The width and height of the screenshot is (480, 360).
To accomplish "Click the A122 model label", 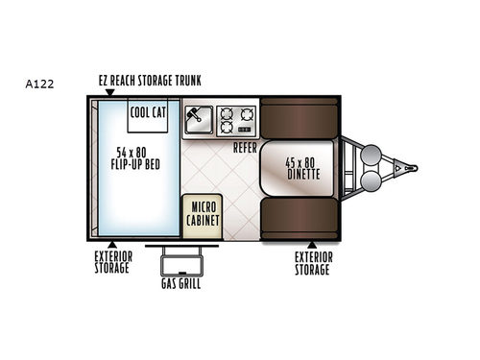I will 40,84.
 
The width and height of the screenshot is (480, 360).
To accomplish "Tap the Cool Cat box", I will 150,113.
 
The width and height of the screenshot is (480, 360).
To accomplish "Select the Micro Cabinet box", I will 202,212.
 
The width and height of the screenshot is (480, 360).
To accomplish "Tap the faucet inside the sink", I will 193,116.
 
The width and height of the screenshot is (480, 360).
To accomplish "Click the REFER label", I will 246,148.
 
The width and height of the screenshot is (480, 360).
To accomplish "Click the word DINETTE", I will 302,175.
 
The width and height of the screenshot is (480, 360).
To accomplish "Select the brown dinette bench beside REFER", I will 298,118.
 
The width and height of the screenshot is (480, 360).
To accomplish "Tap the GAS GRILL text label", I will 180,285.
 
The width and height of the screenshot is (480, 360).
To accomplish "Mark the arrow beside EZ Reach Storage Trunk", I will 109,92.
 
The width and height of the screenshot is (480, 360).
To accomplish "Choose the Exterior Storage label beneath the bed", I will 112,263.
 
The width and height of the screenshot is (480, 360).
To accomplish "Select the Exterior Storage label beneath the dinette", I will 313,263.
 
